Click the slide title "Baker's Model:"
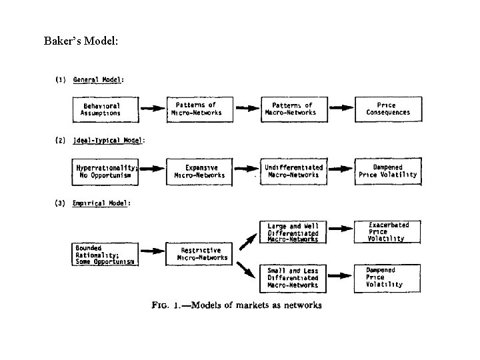81,41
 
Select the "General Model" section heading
98,80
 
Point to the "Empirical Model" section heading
101,203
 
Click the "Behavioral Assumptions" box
101,109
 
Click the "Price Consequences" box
388,109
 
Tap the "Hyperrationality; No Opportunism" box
107,171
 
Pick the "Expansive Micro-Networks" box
200,171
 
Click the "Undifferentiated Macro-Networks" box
293,171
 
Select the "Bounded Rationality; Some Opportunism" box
105,255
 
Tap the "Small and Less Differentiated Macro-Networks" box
293,277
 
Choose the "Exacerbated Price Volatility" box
388,232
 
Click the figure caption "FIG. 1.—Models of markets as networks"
237,305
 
